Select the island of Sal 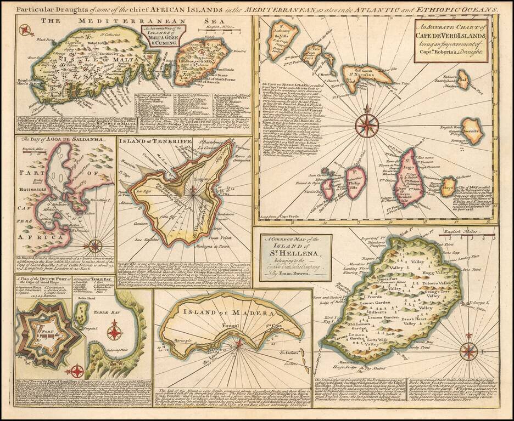coord(464,79)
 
